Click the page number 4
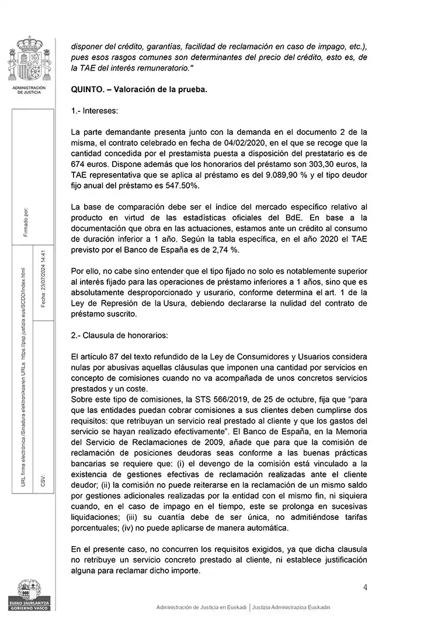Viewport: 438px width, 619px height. coord(365,587)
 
